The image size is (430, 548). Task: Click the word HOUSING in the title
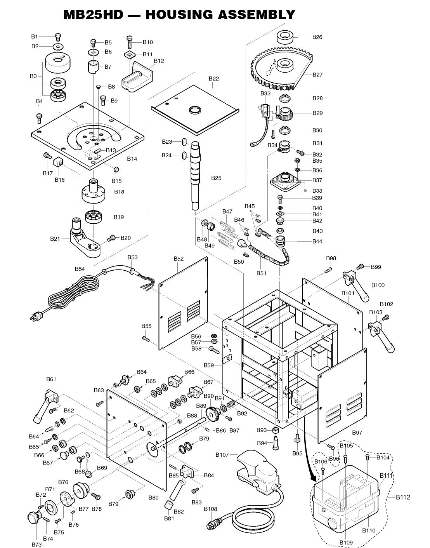coord(174,15)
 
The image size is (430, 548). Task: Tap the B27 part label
coord(317,75)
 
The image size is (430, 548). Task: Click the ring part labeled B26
coord(287,38)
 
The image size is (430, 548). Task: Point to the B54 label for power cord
coord(80,269)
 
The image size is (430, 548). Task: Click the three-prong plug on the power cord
coord(35,317)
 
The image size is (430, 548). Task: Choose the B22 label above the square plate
coord(213,78)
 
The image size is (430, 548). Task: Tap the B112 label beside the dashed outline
coord(403,497)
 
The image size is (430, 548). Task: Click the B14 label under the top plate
coord(132,159)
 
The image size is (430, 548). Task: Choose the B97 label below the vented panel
coord(357,433)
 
